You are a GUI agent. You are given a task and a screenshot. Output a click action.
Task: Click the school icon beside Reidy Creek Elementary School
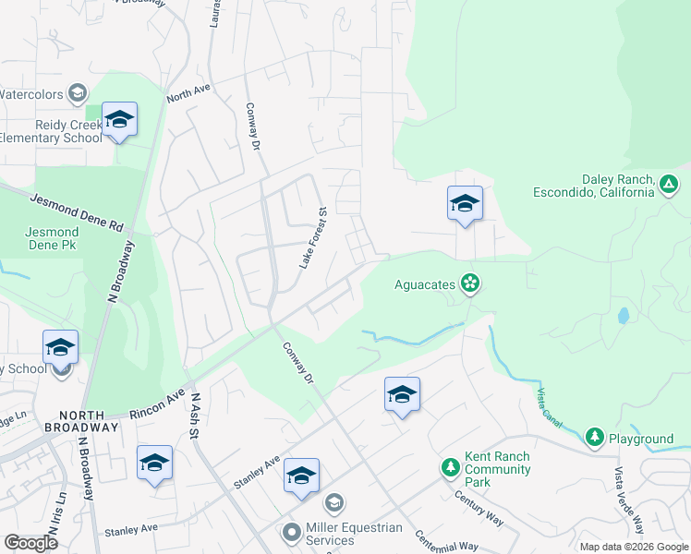click(119, 120)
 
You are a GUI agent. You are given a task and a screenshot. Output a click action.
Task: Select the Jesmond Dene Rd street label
click(77, 212)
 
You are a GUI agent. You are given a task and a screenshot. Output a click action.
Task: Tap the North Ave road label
click(188, 92)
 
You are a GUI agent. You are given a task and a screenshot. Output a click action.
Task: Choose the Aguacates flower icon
click(470, 283)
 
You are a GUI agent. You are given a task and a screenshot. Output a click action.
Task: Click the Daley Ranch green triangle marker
click(669, 186)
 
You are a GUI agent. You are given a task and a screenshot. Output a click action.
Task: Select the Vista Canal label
click(548, 406)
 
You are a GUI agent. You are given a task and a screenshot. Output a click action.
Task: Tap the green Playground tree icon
click(595, 438)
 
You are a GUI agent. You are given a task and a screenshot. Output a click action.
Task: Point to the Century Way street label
click(478, 509)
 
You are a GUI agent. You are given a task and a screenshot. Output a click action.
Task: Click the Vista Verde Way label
click(627, 500)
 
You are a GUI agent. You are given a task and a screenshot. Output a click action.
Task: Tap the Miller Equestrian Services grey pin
click(292, 533)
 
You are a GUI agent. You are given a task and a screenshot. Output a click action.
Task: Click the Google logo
click(30, 543)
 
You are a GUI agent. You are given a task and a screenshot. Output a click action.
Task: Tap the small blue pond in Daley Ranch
click(623, 315)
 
